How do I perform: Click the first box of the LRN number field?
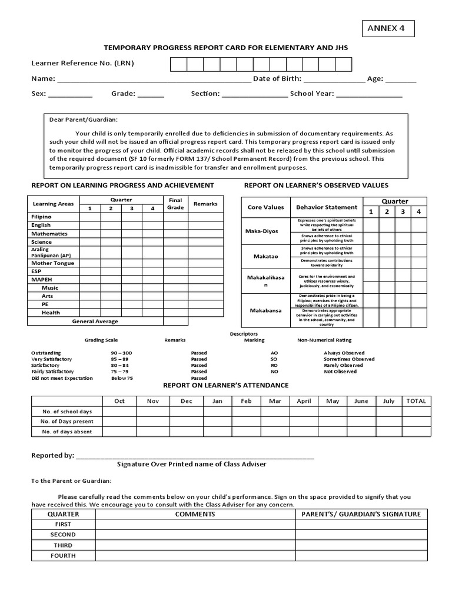[x=178, y=64]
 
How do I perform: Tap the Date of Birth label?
[x=277, y=79]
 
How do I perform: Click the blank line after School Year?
[x=369, y=94]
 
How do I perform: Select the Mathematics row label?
[x=49, y=234]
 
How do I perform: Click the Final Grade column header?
[x=176, y=203]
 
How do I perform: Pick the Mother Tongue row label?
[x=52, y=263]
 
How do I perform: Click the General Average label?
[x=95, y=322]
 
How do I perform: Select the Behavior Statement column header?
[x=326, y=207]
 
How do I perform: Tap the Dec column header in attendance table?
[x=187, y=401]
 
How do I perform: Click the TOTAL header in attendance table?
[x=416, y=401]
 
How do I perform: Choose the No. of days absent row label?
[x=67, y=432]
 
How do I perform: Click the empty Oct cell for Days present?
[x=119, y=422]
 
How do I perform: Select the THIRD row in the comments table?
[x=63, y=545]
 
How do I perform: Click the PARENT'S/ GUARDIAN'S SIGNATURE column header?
[x=361, y=514]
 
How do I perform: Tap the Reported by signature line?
[x=195, y=456]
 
